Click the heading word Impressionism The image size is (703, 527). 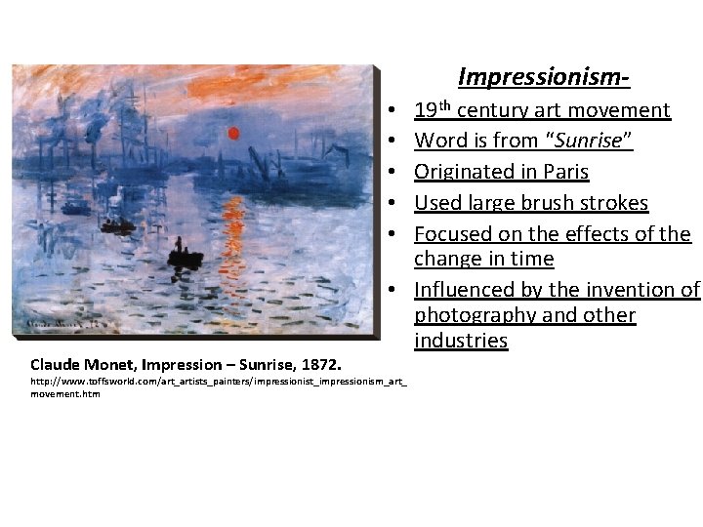tap(543, 76)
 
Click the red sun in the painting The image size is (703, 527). tap(233, 133)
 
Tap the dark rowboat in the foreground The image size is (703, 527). tap(185, 257)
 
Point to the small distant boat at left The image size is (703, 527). tap(117, 225)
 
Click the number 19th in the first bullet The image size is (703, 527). tap(433, 109)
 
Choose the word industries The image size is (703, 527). tap(461, 341)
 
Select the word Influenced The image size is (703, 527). tap(465, 290)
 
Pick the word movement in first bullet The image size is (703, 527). tap(622, 110)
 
